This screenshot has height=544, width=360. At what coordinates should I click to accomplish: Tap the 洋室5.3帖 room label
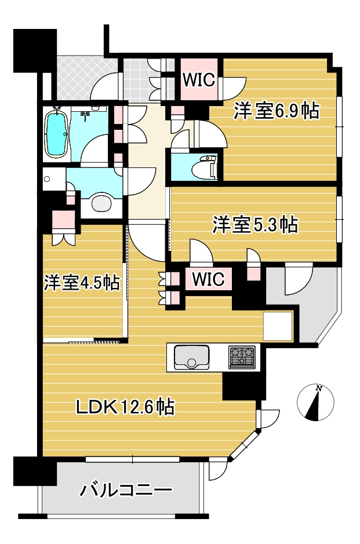pos(256,224)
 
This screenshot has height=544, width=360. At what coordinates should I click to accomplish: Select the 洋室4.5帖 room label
pos(82,283)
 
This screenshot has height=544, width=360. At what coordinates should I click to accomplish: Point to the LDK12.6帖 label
pos(125,407)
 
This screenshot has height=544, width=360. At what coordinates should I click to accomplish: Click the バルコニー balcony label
pos(126,490)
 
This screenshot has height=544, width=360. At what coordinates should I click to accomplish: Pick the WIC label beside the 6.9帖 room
pos(199,80)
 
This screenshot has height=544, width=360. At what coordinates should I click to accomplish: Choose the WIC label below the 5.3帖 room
pos(208,279)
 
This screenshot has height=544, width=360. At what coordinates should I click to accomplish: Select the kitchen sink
pos(192,357)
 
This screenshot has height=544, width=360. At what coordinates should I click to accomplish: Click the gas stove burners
pos(242,357)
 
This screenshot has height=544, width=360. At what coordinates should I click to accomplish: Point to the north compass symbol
pos(315,403)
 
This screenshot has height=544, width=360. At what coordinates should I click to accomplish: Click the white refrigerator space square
pos(278,326)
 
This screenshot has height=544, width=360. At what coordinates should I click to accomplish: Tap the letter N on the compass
pos(318,389)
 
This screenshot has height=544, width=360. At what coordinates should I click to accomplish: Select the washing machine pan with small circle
pos(54,179)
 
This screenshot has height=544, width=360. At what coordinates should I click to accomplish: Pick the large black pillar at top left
pos(35,51)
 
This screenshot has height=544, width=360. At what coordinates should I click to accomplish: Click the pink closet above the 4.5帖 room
pos(64,220)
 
